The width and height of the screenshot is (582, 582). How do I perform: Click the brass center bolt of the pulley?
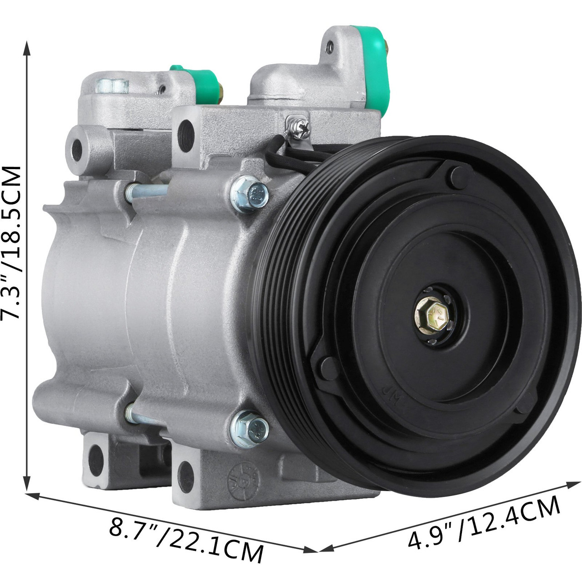click(430, 313)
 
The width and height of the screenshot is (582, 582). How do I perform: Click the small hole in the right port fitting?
click(331, 46)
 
